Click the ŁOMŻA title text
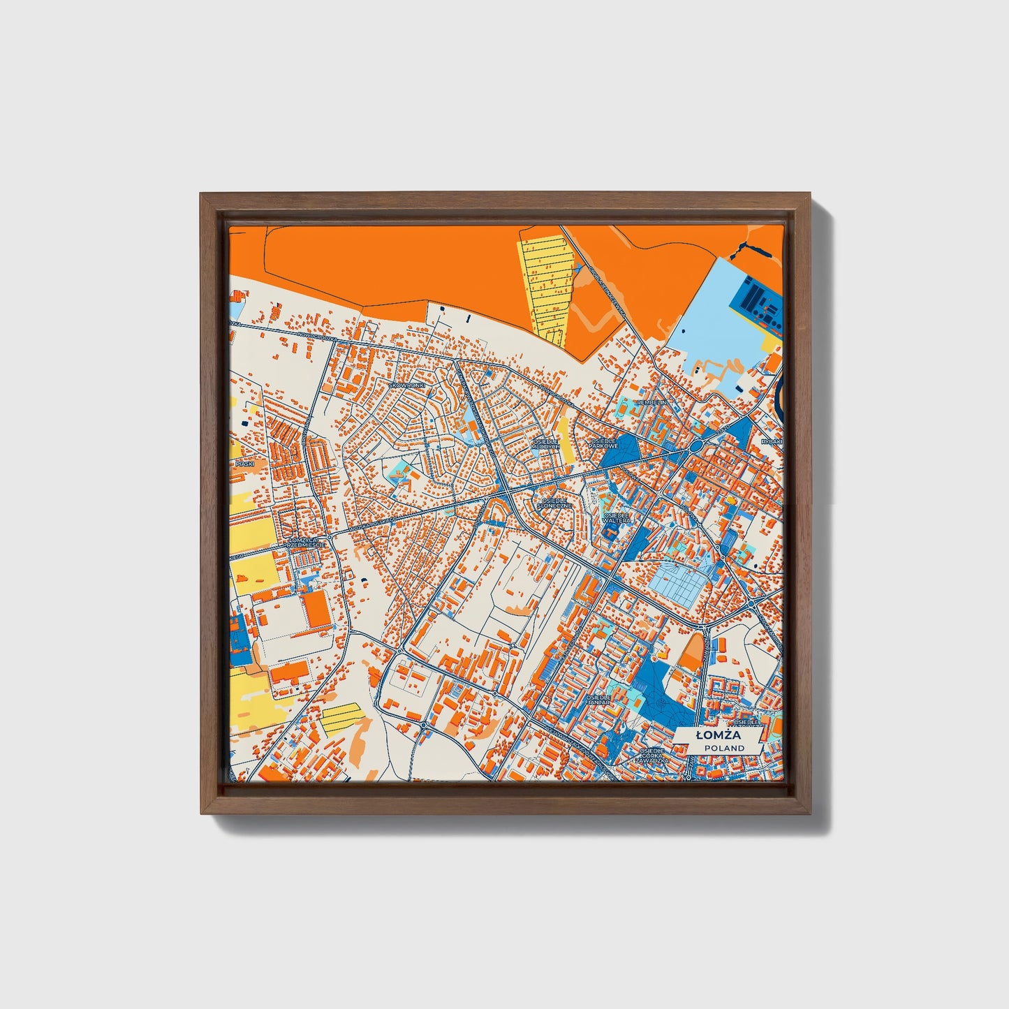pyautogui.click(x=718, y=735)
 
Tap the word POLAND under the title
pyautogui.click(x=723, y=748)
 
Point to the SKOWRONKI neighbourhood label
pyautogui.click(x=406, y=385)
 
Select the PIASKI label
pyautogui.click(x=244, y=464)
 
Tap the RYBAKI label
pyautogui.click(x=772, y=441)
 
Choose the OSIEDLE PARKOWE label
pyautogui.click(x=604, y=443)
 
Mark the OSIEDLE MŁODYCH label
pyautogui.click(x=545, y=444)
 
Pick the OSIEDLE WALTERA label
pyautogui.click(x=617, y=517)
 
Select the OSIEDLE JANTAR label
pyautogui.click(x=598, y=700)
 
